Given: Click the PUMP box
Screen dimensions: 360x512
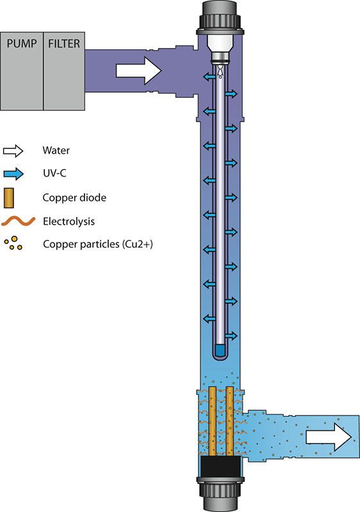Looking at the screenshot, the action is pyautogui.click(x=22, y=71).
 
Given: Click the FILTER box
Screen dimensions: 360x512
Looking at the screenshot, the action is pyautogui.click(x=64, y=71).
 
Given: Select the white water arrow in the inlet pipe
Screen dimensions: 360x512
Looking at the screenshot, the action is pyautogui.click(x=139, y=71).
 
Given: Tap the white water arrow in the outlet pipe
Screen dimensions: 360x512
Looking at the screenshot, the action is pyautogui.click(x=329, y=437).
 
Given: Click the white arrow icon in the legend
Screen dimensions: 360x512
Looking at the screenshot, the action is pyautogui.click(x=13, y=151).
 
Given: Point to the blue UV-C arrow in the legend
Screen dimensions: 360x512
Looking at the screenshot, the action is pyautogui.click(x=13, y=173).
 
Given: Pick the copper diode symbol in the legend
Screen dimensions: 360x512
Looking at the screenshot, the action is pyautogui.click(x=9, y=198).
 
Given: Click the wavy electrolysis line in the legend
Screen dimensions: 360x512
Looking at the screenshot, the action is pyautogui.click(x=19, y=221).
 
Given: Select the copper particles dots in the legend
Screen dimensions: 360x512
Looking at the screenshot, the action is pyautogui.click(x=13, y=243).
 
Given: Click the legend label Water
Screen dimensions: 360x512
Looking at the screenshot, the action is pyautogui.click(x=56, y=150).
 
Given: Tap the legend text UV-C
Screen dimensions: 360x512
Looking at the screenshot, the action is pyautogui.click(x=54, y=173).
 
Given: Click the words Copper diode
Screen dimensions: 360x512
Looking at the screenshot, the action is pyautogui.click(x=74, y=198).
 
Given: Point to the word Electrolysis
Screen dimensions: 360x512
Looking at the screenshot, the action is pyautogui.click(x=69, y=221).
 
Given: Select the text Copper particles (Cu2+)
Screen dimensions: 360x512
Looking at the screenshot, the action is pyautogui.click(x=98, y=244).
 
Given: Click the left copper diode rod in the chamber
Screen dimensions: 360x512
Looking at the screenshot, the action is pyautogui.click(x=212, y=421).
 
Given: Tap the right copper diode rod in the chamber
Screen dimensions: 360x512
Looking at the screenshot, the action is pyautogui.click(x=230, y=421).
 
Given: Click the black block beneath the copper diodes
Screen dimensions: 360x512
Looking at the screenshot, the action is pyautogui.click(x=220, y=467).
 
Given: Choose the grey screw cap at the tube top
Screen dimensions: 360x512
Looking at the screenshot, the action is pyautogui.click(x=220, y=17).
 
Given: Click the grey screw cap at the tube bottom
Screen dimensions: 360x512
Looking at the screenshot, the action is pyautogui.click(x=220, y=493).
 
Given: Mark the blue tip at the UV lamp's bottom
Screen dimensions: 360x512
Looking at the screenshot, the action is pyautogui.click(x=220, y=350).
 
